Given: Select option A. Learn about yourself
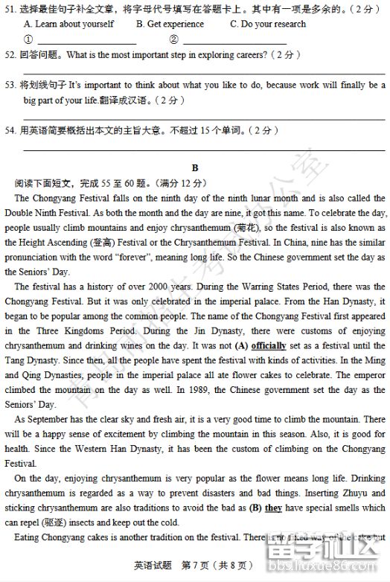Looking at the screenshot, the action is point(69,24).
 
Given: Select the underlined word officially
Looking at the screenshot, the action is point(269,346).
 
